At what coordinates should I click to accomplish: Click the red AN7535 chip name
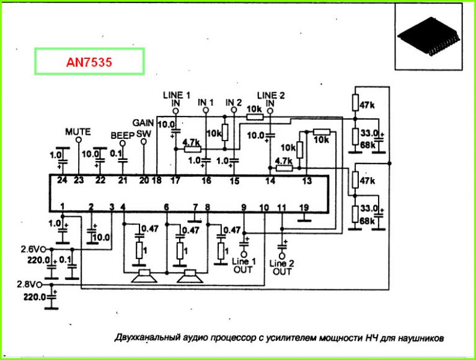(89, 63)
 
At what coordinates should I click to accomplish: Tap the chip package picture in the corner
(429, 37)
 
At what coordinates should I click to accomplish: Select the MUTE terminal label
(78, 131)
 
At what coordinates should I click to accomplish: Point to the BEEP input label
(122, 134)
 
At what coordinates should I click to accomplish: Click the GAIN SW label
(143, 128)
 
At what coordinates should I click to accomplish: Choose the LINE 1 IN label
(176, 99)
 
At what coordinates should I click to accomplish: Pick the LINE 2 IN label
(270, 99)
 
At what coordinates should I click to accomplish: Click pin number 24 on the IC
(61, 180)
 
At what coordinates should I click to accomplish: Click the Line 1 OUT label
(244, 266)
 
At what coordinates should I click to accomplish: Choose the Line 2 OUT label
(282, 268)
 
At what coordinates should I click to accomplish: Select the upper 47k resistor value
(368, 105)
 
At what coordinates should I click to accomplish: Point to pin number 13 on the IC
(306, 180)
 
